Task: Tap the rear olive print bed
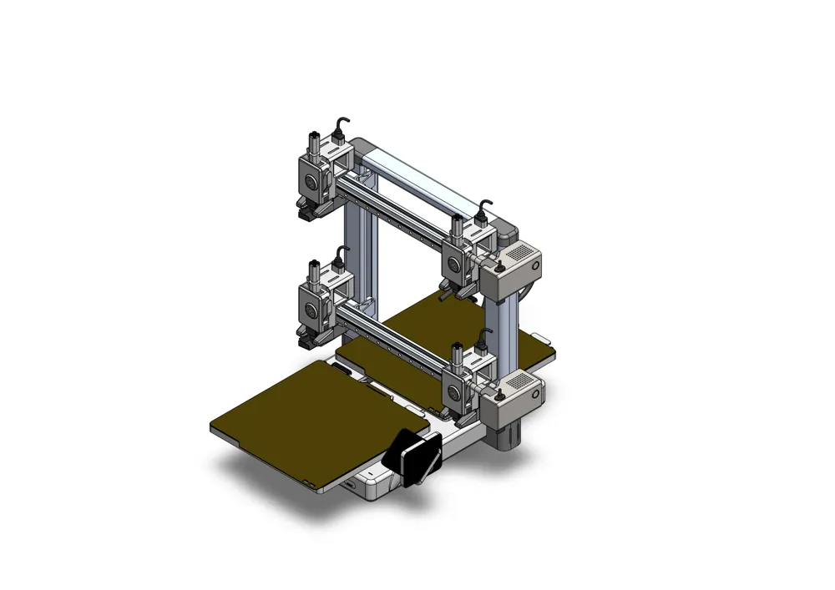(434, 330)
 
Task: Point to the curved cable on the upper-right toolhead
(484, 206)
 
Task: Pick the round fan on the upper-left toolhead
(311, 179)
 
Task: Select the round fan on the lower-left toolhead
(311, 310)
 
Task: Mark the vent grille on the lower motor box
(520, 380)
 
